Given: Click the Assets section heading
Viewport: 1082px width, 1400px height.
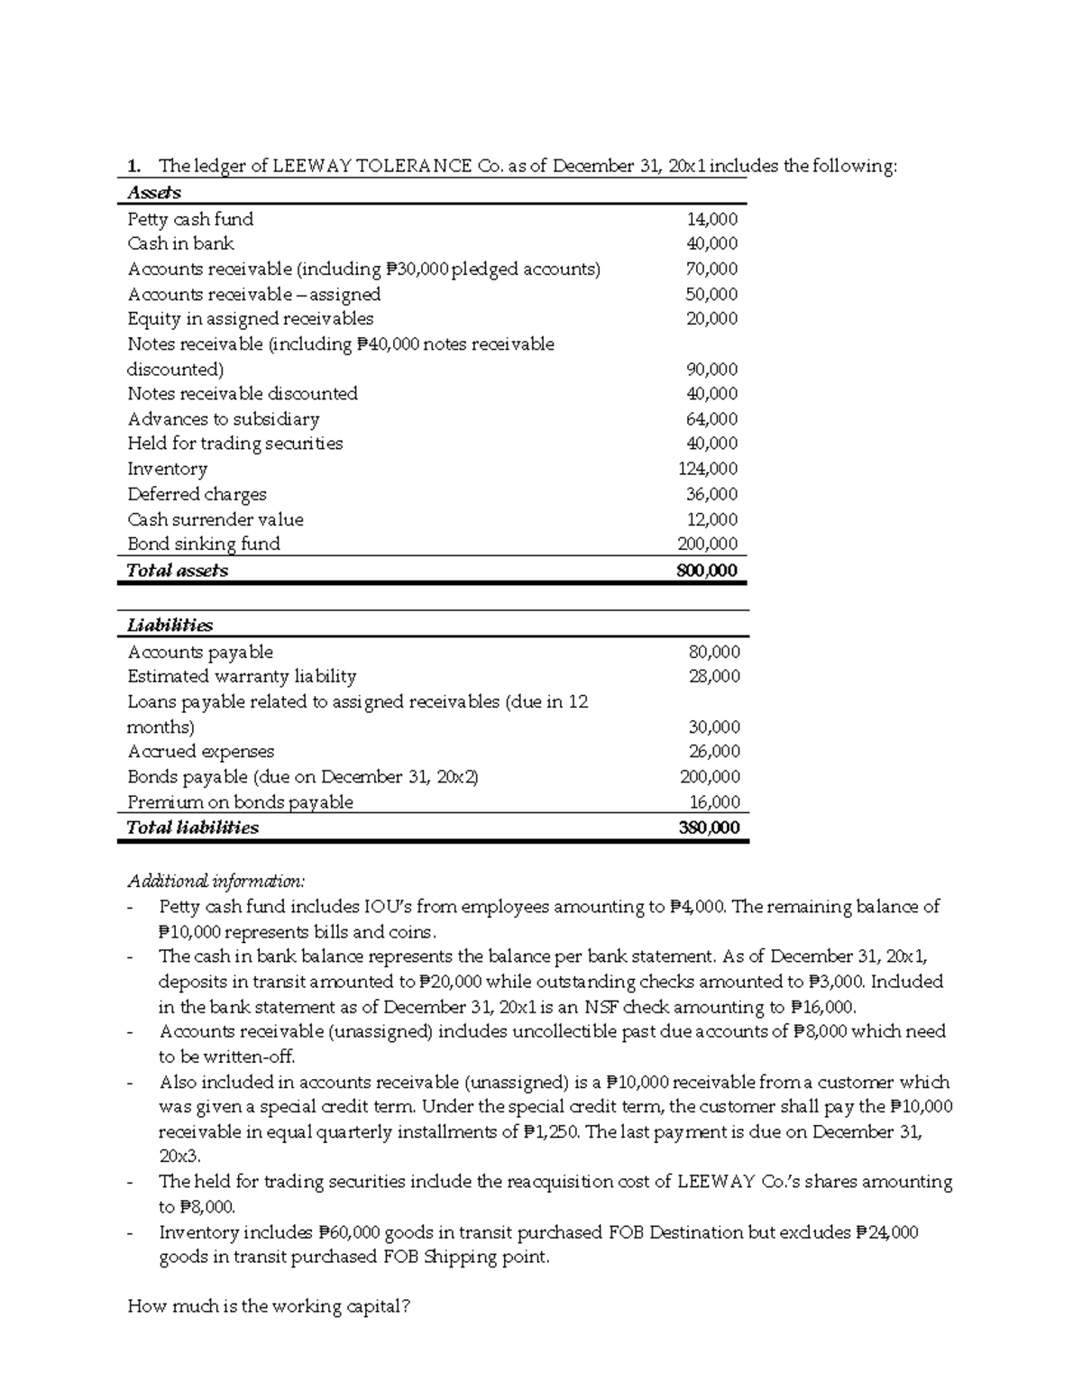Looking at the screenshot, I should (x=154, y=193).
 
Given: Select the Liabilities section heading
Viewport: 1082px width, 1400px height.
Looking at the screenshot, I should (x=170, y=626).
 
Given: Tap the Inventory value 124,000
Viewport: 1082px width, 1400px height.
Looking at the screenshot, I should (x=707, y=469).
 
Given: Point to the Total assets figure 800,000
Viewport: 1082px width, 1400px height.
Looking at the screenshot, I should (x=706, y=571).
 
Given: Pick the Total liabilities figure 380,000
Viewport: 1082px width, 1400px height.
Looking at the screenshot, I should (x=708, y=828).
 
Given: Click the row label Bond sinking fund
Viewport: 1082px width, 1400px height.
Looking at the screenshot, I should (x=204, y=544).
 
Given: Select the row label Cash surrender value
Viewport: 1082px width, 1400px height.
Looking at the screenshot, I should (x=215, y=519).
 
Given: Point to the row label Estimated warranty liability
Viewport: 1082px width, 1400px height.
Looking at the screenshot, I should (x=242, y=676).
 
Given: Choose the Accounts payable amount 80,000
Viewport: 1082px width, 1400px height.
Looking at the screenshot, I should (x=714, y=652).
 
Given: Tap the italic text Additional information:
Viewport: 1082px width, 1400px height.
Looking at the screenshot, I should (x=216, y=881).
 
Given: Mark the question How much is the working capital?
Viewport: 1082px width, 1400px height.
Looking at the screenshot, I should (x=269, y=1306).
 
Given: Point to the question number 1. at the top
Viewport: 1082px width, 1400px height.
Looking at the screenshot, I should (x=134, y=166).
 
